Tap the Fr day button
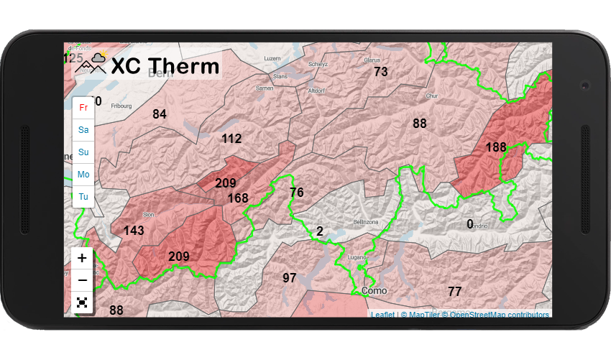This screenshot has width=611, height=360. tap(83, 108)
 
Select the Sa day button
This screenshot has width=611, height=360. tap(83, 130)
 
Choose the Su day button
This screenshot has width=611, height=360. tap(83, 152)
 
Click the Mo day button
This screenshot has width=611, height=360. tap(83, 175)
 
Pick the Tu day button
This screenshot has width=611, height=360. tap(83, 197)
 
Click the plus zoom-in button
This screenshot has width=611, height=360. tap(82, 259)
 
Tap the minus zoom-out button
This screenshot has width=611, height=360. tap(82, 280)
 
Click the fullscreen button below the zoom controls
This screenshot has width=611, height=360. tap(82, 303)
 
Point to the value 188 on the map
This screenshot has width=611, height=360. tap(496, 147)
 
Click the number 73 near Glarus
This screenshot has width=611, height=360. tap(381, 72)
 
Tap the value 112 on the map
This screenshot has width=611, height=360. tap(231, 139)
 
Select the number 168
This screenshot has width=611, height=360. tap(238, 198)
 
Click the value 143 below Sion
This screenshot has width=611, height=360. tap(134, 231)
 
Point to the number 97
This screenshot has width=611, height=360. tap(290, 278)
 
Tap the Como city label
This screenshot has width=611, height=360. tap(374, 291)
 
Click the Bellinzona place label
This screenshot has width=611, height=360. tap(365, 223)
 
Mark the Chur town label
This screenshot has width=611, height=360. tap(431, 96)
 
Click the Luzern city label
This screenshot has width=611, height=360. tap(272, 58)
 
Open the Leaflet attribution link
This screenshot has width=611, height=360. tap(382, 315)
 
